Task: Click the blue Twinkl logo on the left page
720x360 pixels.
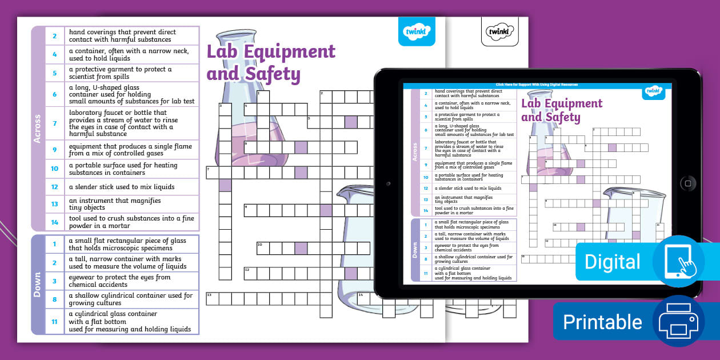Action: pyautogui.click(x=416, y=32)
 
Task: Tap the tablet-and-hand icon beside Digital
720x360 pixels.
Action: pyautogui.click(x=678, y=261)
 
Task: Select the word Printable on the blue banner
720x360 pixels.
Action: pyautogui.click(x=602, y=322)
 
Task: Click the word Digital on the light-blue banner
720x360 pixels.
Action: pyautogui.click(x=612, y=262)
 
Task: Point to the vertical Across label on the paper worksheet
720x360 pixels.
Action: pyautogui.click(x=38, y=128)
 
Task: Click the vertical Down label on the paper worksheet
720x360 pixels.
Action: pyautogui.click(x=38, y=285)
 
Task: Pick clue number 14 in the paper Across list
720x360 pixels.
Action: pyautogui.click(x=55, y=222)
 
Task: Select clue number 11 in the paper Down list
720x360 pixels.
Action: pyautogui.click(x=55, y=321)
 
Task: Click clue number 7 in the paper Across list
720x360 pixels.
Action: pyautogui.click(x=55, y=123)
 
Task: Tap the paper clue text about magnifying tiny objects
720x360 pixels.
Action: pyautogui.click(x=115, y=204)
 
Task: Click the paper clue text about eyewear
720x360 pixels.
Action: pyautogui.click(x=120, y=281)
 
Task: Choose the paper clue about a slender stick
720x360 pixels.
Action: pyautogui.click(x=122, y=187)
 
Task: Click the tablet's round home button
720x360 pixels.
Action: pyautogui.click(x=687, y=183)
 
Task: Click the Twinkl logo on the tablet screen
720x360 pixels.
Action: pyautogui.click(x=653, y=90)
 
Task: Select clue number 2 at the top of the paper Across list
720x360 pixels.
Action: pyautogui.click(x=55, y=36)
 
